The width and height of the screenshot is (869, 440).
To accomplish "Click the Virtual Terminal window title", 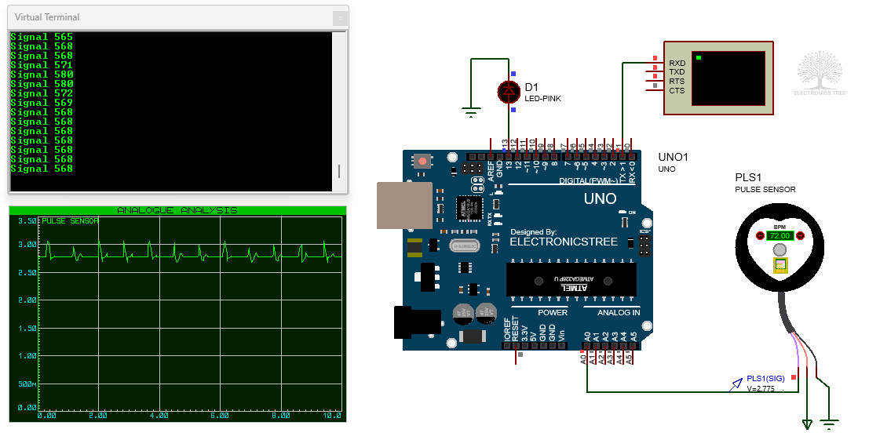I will tap(47, 17).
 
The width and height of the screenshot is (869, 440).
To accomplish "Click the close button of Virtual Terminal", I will tap(339, 17).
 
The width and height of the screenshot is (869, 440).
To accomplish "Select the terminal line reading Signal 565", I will tap(42, 37).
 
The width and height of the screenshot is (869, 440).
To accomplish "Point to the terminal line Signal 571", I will tap(42, 65).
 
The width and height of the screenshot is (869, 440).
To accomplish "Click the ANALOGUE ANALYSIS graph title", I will tap(177, 210).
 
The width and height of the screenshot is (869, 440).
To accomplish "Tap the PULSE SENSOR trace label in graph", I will tap(70, 221).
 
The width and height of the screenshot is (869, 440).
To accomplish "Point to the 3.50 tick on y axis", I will tap(26, 222).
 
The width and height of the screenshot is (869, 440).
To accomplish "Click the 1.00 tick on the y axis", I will tap(26, 355).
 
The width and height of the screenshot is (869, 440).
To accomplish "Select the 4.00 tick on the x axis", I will tap(159, 415).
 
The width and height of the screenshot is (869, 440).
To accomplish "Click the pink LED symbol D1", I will tap(509, 92).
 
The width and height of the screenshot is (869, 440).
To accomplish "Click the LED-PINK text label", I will tap(542, 99).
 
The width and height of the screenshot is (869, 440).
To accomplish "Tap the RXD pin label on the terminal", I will tap(677, 63).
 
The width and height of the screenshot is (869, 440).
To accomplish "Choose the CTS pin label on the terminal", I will tap(677, 91).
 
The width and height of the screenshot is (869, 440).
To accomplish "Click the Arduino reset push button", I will tap(423, 162).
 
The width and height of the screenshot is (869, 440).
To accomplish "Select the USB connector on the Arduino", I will tap(403, 205).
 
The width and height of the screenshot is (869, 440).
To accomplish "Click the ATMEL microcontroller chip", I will tap(571, 280).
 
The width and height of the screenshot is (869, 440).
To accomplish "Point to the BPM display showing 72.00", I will tap(779, 235).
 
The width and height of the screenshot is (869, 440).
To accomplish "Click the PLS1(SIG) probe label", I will tap(765, 378).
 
